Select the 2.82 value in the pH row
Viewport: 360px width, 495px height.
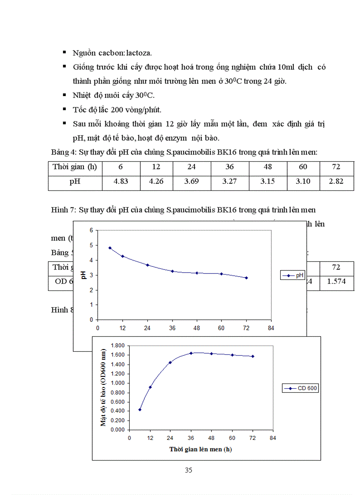click(x=336, y=182)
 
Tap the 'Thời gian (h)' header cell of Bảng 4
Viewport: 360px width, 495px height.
click(x=75, y=167)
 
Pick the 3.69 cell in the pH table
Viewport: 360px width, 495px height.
click(x=191, y=182)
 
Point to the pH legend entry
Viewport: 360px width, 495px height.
click(x=292, y=275)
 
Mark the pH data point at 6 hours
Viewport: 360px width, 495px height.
click(x=110, y=248)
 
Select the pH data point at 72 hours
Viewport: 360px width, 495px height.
click(x=247, y=278)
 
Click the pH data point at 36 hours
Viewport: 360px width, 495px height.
click(x=172, y=271)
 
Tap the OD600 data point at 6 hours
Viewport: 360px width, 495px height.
click(x=140, y=409)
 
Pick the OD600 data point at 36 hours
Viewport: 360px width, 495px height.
click(x=191, y=353)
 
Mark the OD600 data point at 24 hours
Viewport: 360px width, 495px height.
click(x=170, y=362)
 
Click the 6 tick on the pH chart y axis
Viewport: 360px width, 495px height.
click(x=91, y=230)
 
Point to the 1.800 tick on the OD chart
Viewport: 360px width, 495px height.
click(x=118, y=346)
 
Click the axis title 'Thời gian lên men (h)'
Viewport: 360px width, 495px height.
click(x=200, y=449)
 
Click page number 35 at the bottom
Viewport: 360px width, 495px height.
click(x=188, y=470)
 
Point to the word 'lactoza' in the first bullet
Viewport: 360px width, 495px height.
click(x=138, y=53)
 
